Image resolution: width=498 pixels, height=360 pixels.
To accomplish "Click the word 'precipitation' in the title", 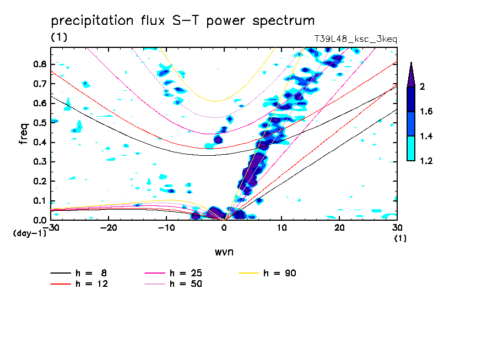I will [x=88, y=21].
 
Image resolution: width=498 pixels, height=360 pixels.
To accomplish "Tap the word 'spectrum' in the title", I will [x=287, y=21].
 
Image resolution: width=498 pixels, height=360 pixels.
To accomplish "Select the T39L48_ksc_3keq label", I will [x=355, y=39].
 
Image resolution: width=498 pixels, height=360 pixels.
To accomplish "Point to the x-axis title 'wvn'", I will [x=224, y=252].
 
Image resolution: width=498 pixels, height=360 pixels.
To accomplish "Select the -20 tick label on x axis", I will [x=109, y=228].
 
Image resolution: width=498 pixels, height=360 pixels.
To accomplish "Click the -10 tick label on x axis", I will [x=166, y=228].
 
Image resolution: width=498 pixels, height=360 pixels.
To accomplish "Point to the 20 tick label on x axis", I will [x=339, y=228].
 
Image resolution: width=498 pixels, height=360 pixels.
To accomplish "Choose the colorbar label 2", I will [x=423, y=87].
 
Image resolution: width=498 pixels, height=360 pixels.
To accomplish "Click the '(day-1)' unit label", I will [x=29, y=233].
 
